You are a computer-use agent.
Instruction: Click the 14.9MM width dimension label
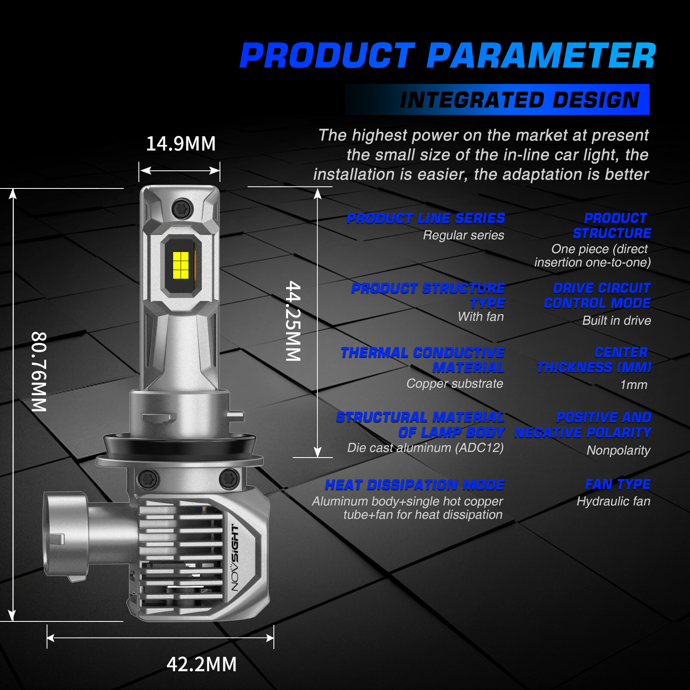tap(181, 144)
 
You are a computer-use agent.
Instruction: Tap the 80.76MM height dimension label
tap(39, 372)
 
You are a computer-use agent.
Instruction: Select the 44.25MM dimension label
tap(293, 321)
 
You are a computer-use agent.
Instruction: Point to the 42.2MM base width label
tap(202, 664)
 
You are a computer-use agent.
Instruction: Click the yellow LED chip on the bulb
tap(181, 265)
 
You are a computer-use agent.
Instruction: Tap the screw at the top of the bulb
tap(182, 210)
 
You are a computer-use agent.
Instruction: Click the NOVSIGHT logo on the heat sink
tap(235, 558)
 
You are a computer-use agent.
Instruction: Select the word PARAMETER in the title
tap(541, 56)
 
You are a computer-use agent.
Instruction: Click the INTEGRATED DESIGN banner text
tap(520, 100)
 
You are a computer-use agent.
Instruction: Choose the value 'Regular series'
tap(464, 235)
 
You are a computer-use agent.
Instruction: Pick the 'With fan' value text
tap(481, 317)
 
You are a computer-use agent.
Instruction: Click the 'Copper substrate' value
tap(455, 383)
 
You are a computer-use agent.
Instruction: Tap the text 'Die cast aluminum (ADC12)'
tap(426, 448)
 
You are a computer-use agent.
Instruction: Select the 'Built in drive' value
tap(617, 320)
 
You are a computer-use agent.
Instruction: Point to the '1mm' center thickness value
tap(634, 385)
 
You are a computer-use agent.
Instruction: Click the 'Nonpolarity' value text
tap(618, 450)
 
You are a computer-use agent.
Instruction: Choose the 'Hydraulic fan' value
tap(614, 501)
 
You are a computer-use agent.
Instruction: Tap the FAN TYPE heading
tap(618, 484)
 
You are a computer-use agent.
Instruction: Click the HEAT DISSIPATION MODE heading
tap(415, 485)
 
